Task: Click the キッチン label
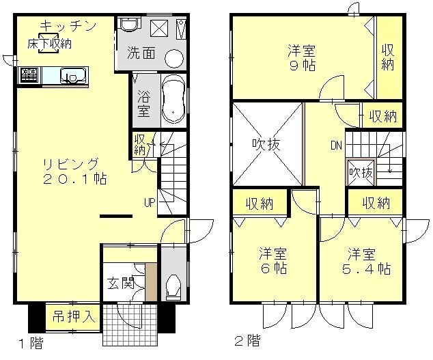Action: [68, 27]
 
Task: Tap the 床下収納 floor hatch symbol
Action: [49, 43]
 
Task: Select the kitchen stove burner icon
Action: [29, 75]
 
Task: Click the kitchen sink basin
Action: [72, 76]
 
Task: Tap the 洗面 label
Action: [141, 53]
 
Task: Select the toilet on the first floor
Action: [173, 286]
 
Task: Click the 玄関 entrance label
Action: [121, 283]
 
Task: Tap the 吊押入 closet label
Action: [74, 317]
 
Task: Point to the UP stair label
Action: [150, 203]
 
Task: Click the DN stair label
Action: [336, 146]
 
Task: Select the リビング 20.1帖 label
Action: [74, 171]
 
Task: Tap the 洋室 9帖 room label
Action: [302, 58]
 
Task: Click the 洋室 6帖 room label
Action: [273, 260]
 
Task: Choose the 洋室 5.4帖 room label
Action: [367, 261]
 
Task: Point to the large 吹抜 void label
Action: [266, 144]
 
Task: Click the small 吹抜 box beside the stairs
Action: [361, 173]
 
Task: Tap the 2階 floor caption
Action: [247, 341]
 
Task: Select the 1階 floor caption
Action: [31, 344]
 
